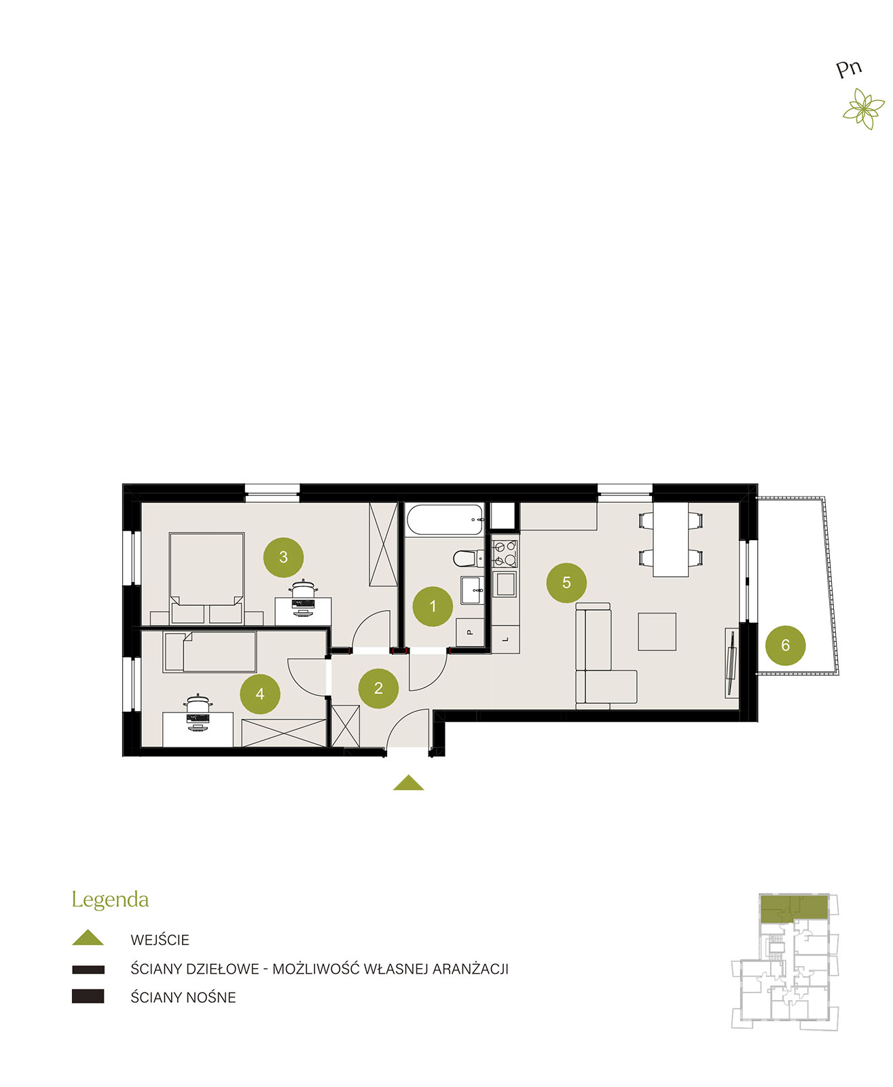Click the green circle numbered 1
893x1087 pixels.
point(433,606)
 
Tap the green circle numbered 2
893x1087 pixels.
point(378,688)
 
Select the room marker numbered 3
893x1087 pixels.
point(283,557)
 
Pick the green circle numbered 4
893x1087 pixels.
point(259,694)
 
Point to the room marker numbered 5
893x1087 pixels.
point(566,583)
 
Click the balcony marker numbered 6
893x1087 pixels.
point(785,645)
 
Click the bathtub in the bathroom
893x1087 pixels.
point(445,520)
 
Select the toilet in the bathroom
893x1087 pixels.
point(469,558)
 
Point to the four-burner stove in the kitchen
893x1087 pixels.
point(504,553)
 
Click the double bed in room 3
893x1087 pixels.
point(206,577)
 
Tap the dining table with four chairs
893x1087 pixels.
point(670,539)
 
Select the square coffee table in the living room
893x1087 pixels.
point(657,632)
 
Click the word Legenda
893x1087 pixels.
point(110,899)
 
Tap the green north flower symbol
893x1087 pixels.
point(863,109)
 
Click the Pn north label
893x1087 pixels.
point(849,69)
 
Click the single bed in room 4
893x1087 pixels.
point(210,652)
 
